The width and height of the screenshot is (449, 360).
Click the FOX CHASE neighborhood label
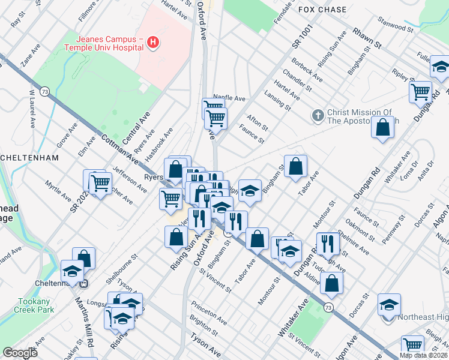tap(322, 10)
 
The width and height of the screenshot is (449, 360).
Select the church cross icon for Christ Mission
tap(318, 113)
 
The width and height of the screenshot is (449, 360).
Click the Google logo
tap(20, 353)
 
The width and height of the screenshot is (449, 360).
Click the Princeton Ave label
tap(209, 313)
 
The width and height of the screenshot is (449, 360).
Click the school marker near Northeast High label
tap(389, 305)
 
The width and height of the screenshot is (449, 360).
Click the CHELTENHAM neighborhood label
tap(29, 158)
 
